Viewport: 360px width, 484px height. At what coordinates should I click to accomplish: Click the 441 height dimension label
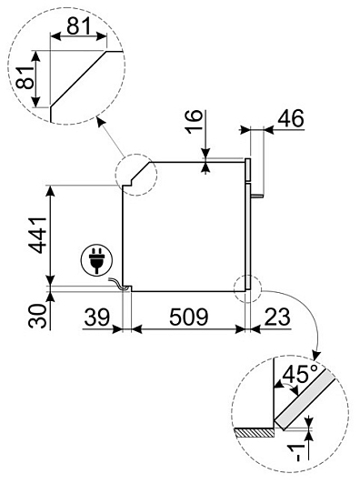pyautogui.click(x=37, y=235)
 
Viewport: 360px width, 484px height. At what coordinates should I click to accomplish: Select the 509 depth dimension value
pyautogui.click(x=189, y=317)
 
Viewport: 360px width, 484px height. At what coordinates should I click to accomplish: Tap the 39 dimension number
pyautogui.click(x=97, y=317)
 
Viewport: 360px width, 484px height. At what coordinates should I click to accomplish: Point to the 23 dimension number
pyautogui.click(x=277, y=317)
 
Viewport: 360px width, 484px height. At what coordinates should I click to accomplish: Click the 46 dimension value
pyautogui.click(x=291, y=118)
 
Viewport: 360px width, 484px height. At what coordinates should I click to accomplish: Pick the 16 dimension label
pyautogui.click(x=194, y=122)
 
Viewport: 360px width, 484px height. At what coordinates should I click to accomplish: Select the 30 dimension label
pyautogui.click(x=37, y=316)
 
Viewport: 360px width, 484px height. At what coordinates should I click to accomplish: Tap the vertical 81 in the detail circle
pyautogui.click(x=25, y=77)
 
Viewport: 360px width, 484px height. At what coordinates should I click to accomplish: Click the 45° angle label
pyautogui.click(x=299, y=373)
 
